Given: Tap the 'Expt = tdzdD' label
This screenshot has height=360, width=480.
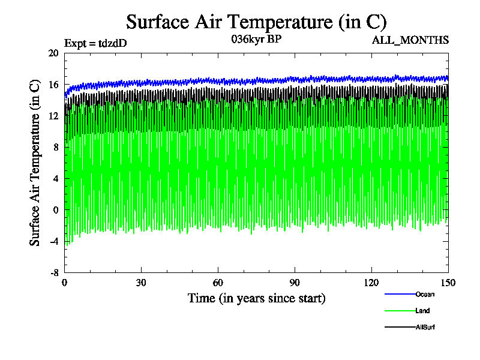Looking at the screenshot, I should tap(95, 43).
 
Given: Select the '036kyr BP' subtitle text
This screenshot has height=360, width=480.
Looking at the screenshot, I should tap(256, 39).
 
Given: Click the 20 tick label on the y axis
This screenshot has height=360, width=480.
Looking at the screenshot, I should tap(53, 53).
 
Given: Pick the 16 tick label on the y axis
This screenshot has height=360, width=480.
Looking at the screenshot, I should tap(53, 85).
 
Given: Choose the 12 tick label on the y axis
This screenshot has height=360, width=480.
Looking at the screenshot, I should tap(53, 116).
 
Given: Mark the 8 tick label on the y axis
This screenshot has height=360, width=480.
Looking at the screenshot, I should tap(55, 147).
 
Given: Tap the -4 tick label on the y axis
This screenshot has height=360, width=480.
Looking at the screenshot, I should tap(53, 241).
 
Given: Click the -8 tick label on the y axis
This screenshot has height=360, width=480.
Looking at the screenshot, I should tap(53, 272).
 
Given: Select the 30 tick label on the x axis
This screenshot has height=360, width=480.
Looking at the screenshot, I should tap(141, 283).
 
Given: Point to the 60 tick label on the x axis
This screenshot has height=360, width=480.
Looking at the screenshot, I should tap(218, 283).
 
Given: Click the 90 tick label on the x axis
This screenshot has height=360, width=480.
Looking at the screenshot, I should tap(295, 283).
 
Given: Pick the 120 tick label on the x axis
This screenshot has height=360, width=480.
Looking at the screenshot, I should tap(371, 283).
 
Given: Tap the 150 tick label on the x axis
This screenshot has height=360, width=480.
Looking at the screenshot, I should tap(448, 283).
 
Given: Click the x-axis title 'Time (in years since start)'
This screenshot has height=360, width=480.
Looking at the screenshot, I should tap(256, 298).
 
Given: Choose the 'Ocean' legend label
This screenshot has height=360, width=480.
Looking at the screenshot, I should tap(425, 294).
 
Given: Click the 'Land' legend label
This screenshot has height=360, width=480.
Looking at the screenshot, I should tap(422, 311).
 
